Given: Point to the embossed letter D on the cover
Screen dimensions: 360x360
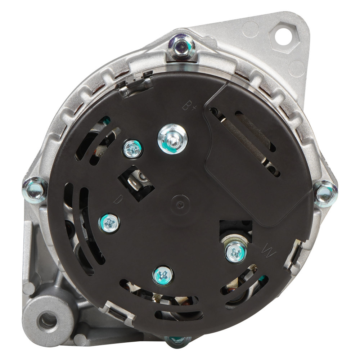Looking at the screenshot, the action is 118,199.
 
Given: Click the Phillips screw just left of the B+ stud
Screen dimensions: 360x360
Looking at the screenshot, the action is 132,149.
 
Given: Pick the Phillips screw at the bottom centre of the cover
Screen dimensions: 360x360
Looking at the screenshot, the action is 163,276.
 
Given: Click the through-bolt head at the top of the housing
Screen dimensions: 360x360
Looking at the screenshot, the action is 181,48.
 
